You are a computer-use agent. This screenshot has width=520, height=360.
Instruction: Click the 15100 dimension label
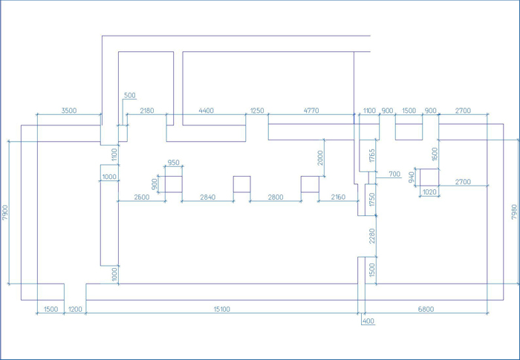[x=222, y=309]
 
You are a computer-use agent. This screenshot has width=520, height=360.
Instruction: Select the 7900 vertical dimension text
[x=4, y=212]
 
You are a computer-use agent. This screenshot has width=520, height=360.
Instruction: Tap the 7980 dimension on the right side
[x=514, y=212]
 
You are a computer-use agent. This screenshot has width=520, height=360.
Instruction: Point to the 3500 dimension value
[x=69, y=111]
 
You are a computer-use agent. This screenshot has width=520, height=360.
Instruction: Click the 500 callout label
[x=130, y=95]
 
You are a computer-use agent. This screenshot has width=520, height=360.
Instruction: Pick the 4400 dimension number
[x=206, y=111]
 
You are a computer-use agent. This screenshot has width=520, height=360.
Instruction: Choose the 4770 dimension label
[x=311, y=111]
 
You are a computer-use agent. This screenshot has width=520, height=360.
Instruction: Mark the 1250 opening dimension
[x=257, y=111]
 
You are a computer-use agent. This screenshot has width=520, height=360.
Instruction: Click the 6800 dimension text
[x=426, y=309]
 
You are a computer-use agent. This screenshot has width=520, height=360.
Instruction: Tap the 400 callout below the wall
[x=368, y=321]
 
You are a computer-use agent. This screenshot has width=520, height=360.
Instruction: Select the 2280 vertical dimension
[x=371, y=236]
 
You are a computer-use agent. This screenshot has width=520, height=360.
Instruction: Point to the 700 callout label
[x=394, y=174]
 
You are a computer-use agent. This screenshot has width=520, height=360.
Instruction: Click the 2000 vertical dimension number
[x=320, y=158]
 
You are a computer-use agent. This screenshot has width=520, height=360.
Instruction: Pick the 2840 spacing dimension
[x=207, y=197]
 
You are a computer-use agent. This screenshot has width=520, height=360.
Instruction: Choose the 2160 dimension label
[x=338, y=197]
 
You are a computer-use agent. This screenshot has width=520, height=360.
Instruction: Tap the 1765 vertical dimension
[x=371, y=155]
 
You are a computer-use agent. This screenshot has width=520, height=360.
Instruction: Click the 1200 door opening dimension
[x=75, y=309]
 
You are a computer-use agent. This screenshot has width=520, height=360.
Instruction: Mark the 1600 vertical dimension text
[x=435, y=154]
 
